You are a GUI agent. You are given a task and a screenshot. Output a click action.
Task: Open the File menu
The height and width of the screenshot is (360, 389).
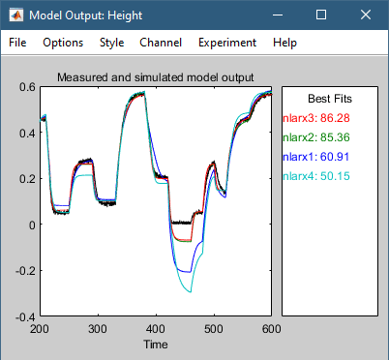[19, 43]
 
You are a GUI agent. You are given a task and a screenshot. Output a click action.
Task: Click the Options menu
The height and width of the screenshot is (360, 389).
[63, 43]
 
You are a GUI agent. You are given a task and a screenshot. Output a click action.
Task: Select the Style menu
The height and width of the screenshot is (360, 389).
[111, 43]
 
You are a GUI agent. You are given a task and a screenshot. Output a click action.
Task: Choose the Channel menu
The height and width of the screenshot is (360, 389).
[160, 43]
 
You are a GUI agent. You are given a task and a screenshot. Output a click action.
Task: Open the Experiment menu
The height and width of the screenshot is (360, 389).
[226, 43]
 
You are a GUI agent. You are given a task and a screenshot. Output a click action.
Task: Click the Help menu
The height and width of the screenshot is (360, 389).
[284, 43]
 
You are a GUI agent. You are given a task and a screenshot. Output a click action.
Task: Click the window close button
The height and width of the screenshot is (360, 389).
[366, 15]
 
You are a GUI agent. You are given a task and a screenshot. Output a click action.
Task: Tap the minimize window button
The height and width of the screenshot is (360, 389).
[277, 15]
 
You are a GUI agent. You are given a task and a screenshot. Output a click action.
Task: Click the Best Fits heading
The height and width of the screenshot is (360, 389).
[330, 99]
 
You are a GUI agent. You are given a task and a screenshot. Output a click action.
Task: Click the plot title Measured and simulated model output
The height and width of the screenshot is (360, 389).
[155, 77]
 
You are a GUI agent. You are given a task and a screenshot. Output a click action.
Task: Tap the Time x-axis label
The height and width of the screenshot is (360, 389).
[155, 344]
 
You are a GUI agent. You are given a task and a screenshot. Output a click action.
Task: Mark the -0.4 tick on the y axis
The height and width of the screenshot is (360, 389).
[24, 316]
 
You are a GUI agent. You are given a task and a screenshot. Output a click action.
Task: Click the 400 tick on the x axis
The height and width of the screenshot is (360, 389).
[155, 329]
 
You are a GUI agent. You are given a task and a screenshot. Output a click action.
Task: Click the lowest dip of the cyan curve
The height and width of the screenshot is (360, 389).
[191, 292]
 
